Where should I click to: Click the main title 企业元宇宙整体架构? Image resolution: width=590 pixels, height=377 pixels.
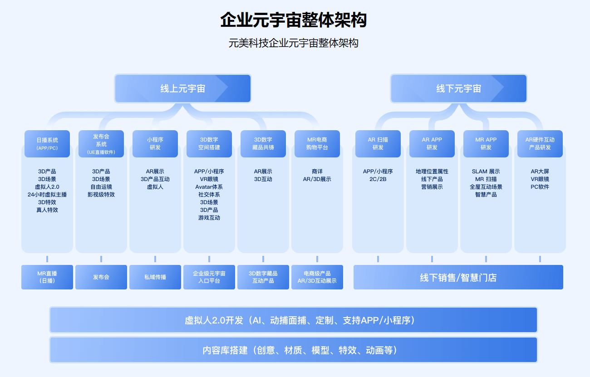click(294, 20)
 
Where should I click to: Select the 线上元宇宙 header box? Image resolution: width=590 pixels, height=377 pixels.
click(183, 88)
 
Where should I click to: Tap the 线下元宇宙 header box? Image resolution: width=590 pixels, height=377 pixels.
click(458, 88)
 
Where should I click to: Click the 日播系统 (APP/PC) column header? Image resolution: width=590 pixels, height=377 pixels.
click(47, 144)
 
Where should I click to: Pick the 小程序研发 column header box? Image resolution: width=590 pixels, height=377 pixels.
click(155, 144)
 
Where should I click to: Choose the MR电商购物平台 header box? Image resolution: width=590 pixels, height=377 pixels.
click(317, 144)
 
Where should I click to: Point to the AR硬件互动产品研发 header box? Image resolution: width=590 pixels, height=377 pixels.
click(540, 144)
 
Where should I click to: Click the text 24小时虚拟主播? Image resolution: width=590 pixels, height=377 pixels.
click(47, 195)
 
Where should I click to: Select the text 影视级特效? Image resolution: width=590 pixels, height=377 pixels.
click(101, 195)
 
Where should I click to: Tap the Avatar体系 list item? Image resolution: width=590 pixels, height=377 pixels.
click(209, 187)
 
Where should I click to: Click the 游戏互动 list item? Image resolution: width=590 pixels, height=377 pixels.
click(209, 218)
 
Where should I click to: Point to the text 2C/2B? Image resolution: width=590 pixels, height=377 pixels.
click(378, 179)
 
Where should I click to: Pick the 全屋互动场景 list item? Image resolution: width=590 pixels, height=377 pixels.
click(486, 187)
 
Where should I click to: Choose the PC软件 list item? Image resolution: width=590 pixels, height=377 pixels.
click(540, 187)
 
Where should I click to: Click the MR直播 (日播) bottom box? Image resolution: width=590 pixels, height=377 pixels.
click(47, 277)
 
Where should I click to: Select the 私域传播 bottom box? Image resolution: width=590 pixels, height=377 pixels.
click(155, 277)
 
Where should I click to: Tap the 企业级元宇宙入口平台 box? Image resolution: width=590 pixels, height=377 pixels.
click(209, 277)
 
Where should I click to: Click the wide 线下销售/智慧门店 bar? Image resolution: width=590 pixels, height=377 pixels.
click(458, 277)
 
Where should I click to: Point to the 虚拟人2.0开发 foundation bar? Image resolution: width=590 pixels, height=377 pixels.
click(294, 320)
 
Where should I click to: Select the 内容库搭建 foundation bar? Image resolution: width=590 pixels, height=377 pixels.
click(294, 350)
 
